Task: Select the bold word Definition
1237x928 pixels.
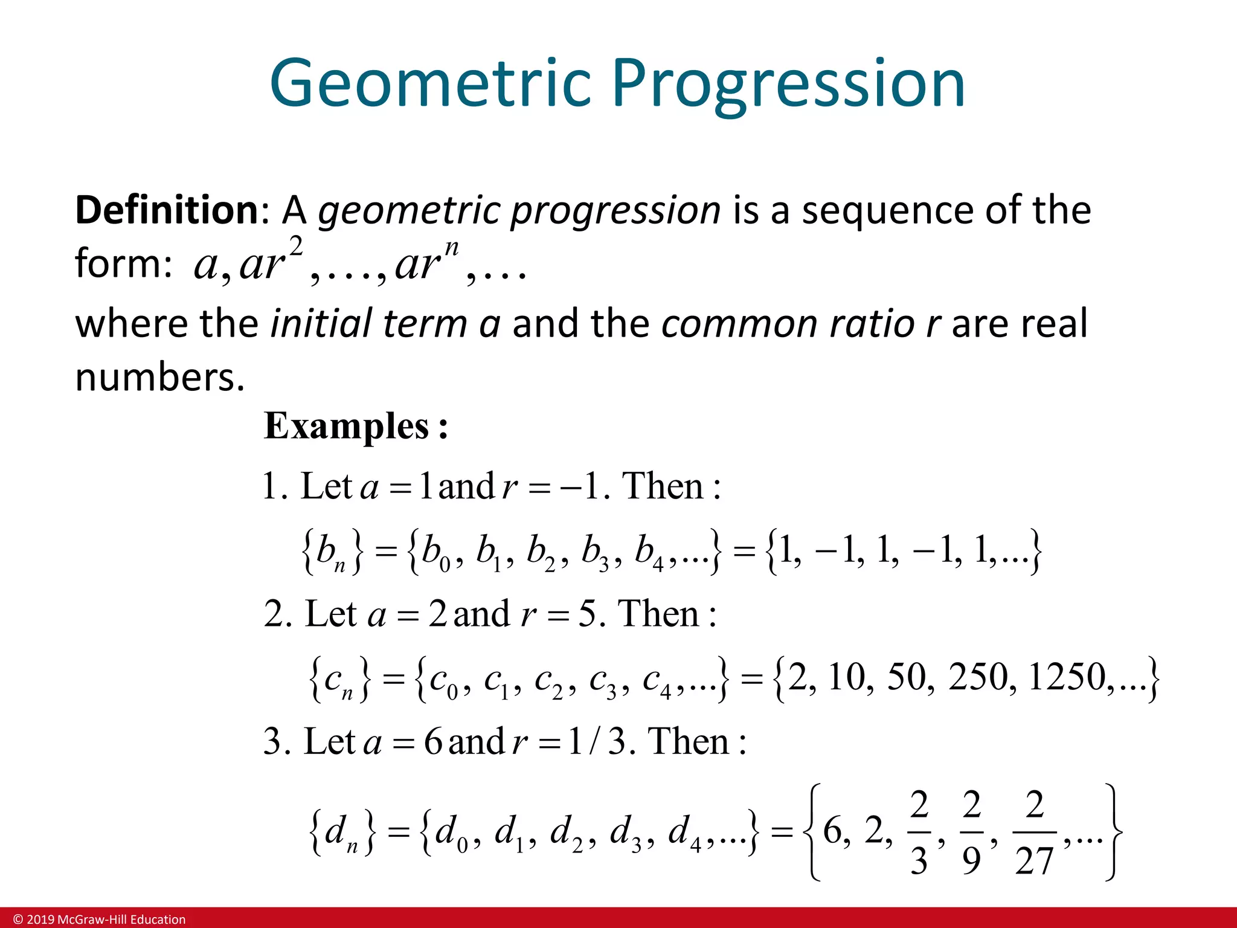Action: click(x=167, y=210)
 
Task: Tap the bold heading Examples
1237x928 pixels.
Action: click(x=347, y=427)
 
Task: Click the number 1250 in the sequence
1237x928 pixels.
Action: click(x=1067, y=676)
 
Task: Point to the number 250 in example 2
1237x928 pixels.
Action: click(x=978, y=676)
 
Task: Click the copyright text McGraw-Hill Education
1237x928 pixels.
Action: click(x=100, y=920)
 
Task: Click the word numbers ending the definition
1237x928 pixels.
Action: click(x=159, y=377)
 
